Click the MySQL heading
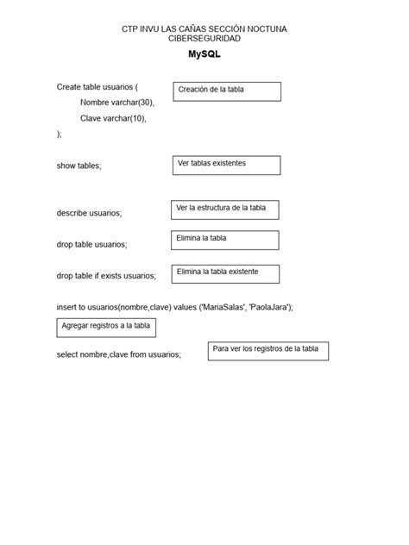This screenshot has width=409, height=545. click(x=204, y=54)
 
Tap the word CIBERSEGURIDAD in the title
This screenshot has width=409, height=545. click(x=204, y=39)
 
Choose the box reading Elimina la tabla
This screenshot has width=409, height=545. click(x=225, y=240)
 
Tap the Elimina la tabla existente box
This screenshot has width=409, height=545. click(x=227, y=273)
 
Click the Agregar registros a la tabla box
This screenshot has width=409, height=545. click(x=107, y=327)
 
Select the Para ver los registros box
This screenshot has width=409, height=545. click(x=268, y=350)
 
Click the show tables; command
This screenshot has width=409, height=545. click(x=79, y=166)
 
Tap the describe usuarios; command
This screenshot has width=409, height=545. click(x=89, y=213)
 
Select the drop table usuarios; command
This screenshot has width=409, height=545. click(x=91, y=245)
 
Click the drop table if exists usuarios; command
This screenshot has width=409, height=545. click(x=106, y=276)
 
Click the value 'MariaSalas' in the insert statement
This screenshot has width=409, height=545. click(x=222, y=307)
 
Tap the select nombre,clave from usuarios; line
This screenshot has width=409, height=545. click(x=119, y=354)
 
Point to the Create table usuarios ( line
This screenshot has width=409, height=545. click(x=98, y=87)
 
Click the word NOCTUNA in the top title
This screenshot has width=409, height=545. click(x=263, y=29)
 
